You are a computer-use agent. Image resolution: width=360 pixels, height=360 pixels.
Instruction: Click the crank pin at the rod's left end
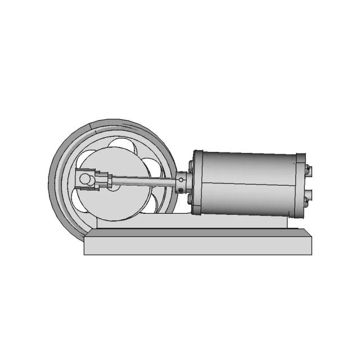(x=85, y=179)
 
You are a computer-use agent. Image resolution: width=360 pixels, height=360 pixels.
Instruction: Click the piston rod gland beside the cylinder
(x=183, y=183)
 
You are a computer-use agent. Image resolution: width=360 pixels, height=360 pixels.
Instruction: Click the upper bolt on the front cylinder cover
(x=192, y=166)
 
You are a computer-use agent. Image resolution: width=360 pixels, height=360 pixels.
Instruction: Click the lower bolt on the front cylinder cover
(x=191, y=198)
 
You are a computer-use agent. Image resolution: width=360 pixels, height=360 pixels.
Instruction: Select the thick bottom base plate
(x=197, y=245)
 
